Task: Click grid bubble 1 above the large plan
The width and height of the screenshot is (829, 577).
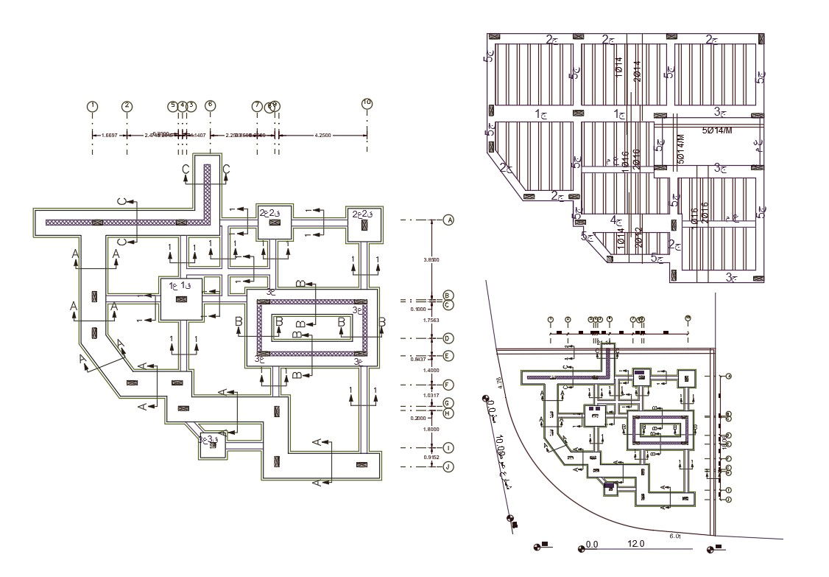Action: coord(92,106)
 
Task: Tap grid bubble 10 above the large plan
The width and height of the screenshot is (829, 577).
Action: coord(367,103)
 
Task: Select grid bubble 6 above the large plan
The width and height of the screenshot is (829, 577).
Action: coord(211,105)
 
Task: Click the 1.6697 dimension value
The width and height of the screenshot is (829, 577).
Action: coord(110,136)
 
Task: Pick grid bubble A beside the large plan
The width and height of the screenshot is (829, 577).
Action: coord(448,220)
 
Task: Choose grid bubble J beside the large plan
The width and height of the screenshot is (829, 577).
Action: coord(448,466)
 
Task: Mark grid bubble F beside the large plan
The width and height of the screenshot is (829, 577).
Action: coord(448,385)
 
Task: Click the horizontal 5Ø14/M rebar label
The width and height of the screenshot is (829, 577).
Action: coord(717,130)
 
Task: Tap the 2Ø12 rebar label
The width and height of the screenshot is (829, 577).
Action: coord(639,237)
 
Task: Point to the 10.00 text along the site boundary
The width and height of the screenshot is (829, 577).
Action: coord(501,445)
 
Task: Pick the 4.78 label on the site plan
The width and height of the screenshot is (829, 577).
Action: coord(498,382)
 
